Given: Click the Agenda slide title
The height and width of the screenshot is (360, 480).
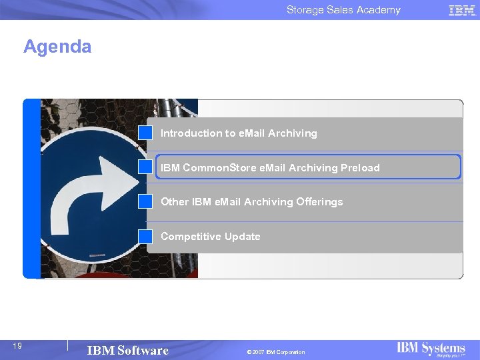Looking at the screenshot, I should (57, 47).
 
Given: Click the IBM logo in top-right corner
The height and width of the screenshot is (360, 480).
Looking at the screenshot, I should (462, 10).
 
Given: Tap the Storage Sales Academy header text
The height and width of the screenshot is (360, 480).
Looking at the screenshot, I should (343, 10).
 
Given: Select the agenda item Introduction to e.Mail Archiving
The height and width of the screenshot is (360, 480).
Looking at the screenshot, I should (239, 133).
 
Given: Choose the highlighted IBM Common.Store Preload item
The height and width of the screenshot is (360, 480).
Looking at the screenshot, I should (270, 168).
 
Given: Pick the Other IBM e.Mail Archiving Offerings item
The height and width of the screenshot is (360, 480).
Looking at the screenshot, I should (251, 202).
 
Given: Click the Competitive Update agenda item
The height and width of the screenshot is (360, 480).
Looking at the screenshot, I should (210, 237).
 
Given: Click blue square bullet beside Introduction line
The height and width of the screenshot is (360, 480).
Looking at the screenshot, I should (145, 133).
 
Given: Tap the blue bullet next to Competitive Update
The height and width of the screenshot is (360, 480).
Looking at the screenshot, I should (145, 236).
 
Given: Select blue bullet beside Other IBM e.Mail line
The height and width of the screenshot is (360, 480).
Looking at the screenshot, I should (145, 201).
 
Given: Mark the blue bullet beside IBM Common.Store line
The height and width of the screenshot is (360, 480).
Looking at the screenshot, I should (145, 167).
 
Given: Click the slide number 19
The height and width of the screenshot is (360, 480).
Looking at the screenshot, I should (18, 345).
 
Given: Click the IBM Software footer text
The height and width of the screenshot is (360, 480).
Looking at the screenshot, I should (127, 351).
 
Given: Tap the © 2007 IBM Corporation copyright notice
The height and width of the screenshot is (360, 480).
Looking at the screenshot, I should (275, 352).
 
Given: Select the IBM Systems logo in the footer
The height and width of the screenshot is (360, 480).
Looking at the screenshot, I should (431, 349).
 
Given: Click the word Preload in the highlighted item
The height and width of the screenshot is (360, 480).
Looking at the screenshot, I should (360, 168).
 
